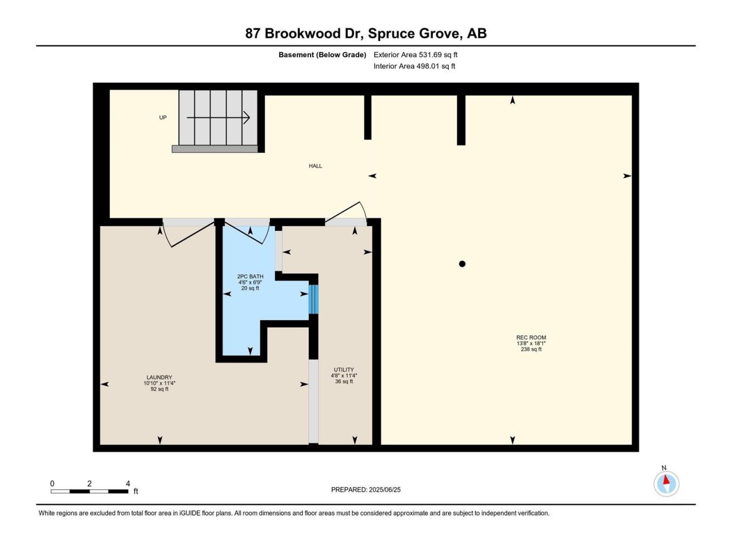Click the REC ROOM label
click(x=531, y=337)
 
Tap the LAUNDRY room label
click(x=159, y=377)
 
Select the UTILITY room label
click(x=344, y=369)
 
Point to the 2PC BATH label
click(x=250, y=276)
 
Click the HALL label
click(x=315, y=166)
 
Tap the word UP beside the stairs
click(x=163, y=118)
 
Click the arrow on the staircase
click(x=218, y=118)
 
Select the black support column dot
click(x=462, y=264)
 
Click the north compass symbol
click(x=666, y=484)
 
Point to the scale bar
click(x=89, y=491)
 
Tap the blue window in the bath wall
click(x=313, y=299)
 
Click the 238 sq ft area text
click(x=531, y=349)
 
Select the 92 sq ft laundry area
click(x=159, y=389)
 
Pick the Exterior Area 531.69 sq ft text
click(x=415, y=55)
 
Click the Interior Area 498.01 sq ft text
click(x=414, y=66)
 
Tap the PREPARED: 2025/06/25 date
click(x=366, y=490)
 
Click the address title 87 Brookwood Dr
click(x=304, y=34)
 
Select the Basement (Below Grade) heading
click(x=322, y=55)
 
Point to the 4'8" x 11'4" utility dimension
click(x=344, y=375)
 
